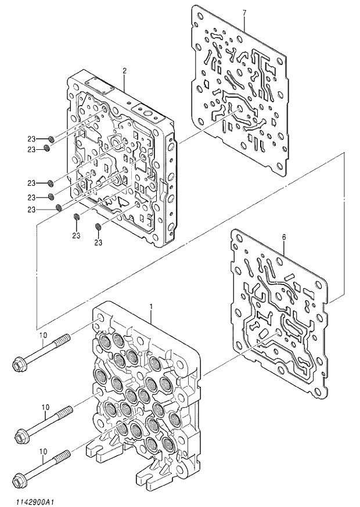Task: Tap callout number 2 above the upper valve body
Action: [x=124, y=70]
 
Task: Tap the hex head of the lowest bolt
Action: [x=21, y=480]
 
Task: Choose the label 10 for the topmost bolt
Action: [x=42, y=335]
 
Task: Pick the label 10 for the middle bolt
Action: [x=45, y=408]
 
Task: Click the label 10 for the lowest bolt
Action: [x=42, y=451]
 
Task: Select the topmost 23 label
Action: [x=31, y=139]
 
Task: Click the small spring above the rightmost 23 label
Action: [x=98, y=226]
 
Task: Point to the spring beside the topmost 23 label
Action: [x=51, y=139]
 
